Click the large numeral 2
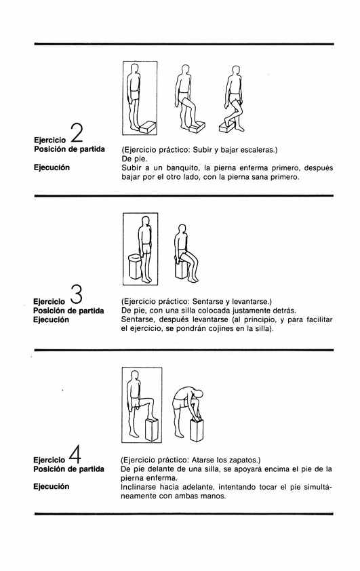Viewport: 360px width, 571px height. point(77,133)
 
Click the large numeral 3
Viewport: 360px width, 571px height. point(76,294)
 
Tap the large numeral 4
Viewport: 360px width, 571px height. point(75,454)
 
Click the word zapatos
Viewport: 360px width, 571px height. point(245,460)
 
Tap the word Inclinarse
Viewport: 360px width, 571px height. point(138,487)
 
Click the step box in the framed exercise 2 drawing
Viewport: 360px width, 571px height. point(148,127)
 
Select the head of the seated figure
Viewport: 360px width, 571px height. point(181,229)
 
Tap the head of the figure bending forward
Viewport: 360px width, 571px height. point(199,395)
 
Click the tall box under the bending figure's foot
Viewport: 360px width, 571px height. point(197,430)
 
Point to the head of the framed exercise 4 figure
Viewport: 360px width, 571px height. point(135,376)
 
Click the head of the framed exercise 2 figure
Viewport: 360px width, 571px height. point(135,69)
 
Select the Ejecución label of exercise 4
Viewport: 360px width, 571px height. point(52,486)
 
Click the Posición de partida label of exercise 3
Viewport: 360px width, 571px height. point(68,311)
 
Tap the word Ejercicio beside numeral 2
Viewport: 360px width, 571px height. point(50,140)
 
